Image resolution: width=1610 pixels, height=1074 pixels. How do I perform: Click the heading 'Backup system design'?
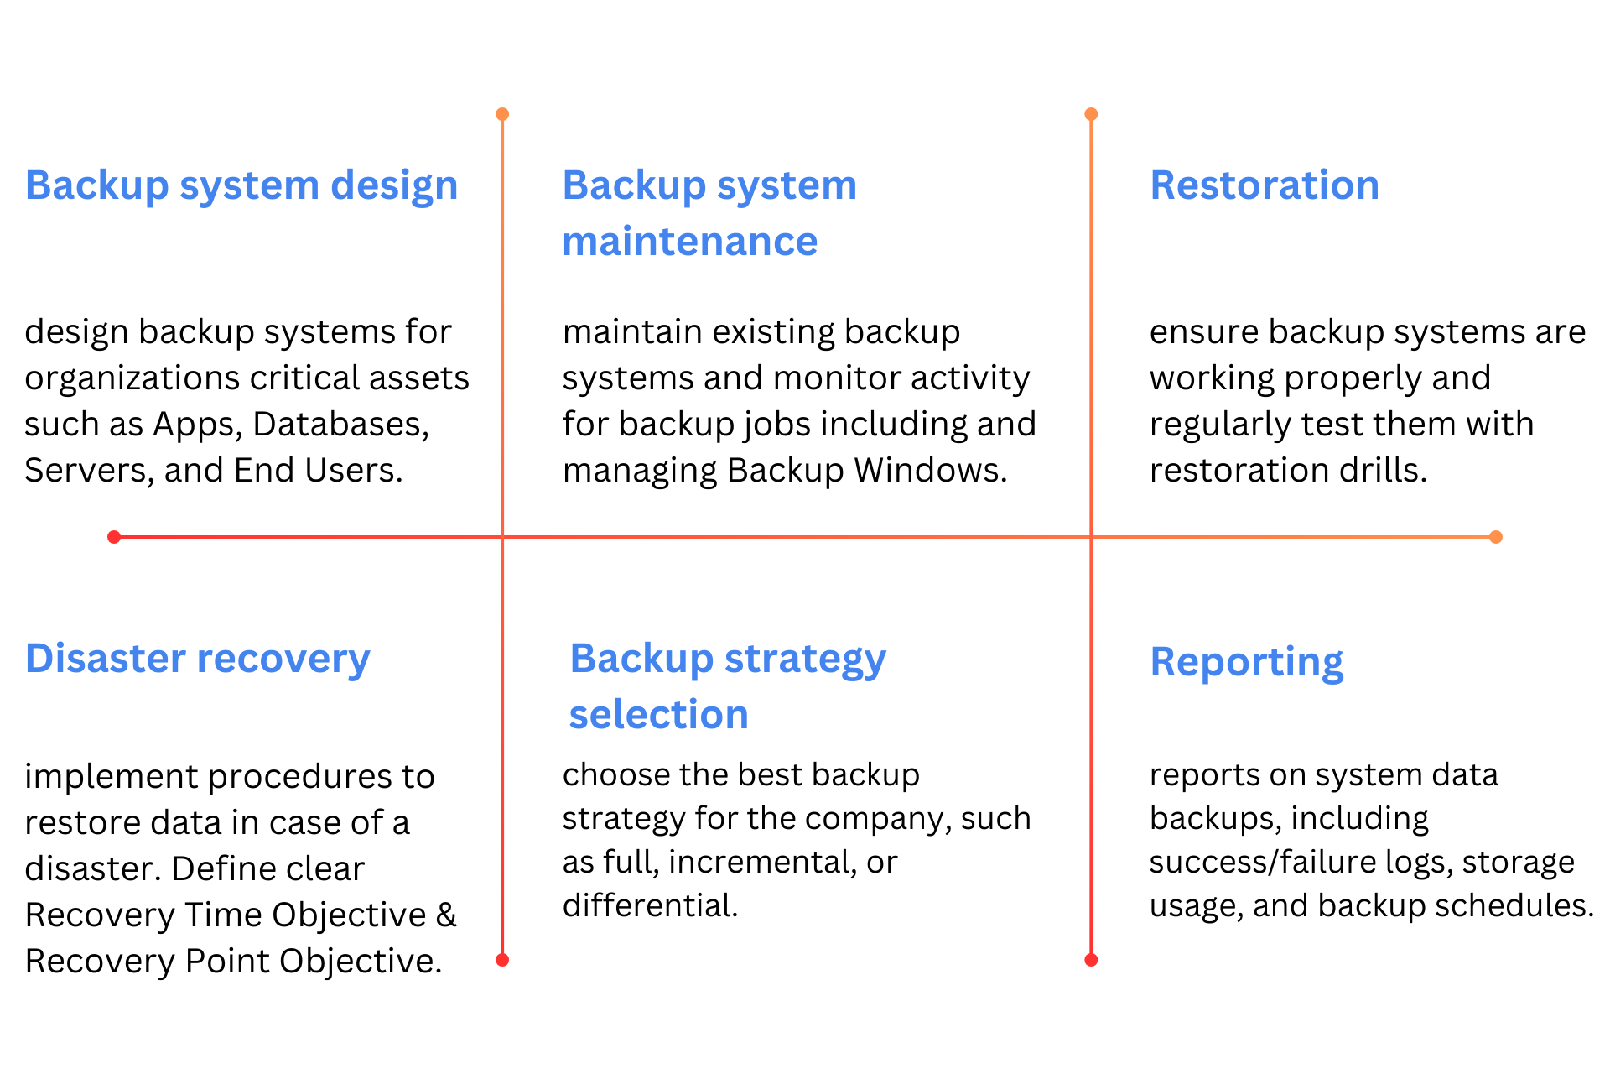coord(241,186)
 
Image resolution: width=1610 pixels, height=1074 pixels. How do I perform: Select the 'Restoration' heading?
coord(1265,185)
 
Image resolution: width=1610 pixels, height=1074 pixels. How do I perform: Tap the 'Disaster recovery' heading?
coord(198,660)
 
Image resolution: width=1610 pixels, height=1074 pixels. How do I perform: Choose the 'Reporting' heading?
coord(1247,663)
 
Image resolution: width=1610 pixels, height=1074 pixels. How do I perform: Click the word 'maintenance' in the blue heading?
coord(690,242)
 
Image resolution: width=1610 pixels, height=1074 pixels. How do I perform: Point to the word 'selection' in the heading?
coord(659,715)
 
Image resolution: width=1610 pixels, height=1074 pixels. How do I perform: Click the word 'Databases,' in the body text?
coord(341,425)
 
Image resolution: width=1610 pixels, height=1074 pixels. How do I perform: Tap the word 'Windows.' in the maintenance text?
coord(931,471)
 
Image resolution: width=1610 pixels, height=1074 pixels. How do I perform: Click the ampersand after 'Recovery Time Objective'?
coord(447,915)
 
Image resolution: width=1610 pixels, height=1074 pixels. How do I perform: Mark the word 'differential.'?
coord(651,905)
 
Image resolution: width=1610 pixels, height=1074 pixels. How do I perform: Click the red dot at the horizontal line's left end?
coord(114,537)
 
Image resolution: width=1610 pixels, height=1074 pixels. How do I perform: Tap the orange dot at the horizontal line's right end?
coord(1496,537)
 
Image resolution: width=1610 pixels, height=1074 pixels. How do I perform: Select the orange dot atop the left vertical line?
coord(502,114)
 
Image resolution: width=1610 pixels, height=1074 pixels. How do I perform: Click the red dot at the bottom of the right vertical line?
coord(1091,960)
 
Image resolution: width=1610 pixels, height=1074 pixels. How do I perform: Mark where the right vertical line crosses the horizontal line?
coord(1091,537)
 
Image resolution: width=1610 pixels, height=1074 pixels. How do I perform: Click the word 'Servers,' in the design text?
coord(90,472)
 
